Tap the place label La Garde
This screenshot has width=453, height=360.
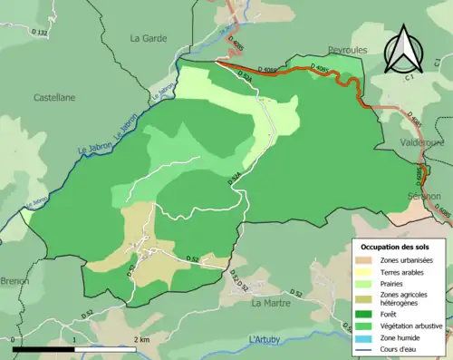147,38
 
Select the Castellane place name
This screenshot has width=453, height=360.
54,97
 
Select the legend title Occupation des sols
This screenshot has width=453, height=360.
396,247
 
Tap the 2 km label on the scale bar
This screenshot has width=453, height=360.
139,338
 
